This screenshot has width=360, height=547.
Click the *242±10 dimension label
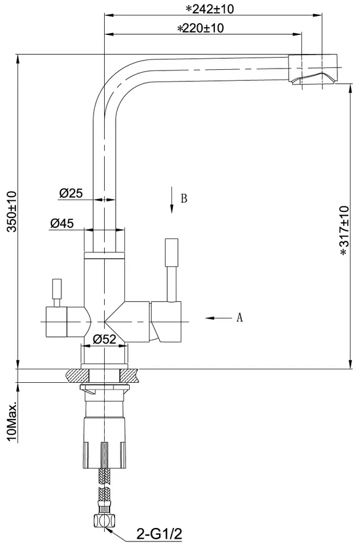(209, 9)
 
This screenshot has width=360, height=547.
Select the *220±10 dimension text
(201, 28)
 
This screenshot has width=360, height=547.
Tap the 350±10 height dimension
(12, 211)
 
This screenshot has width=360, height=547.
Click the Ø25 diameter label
(71, 194)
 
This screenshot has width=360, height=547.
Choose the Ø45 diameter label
(62, 223)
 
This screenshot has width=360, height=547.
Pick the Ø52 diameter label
(104, 339)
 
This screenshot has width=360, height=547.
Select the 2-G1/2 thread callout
(159, 534)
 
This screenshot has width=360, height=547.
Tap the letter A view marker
(239, 317)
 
